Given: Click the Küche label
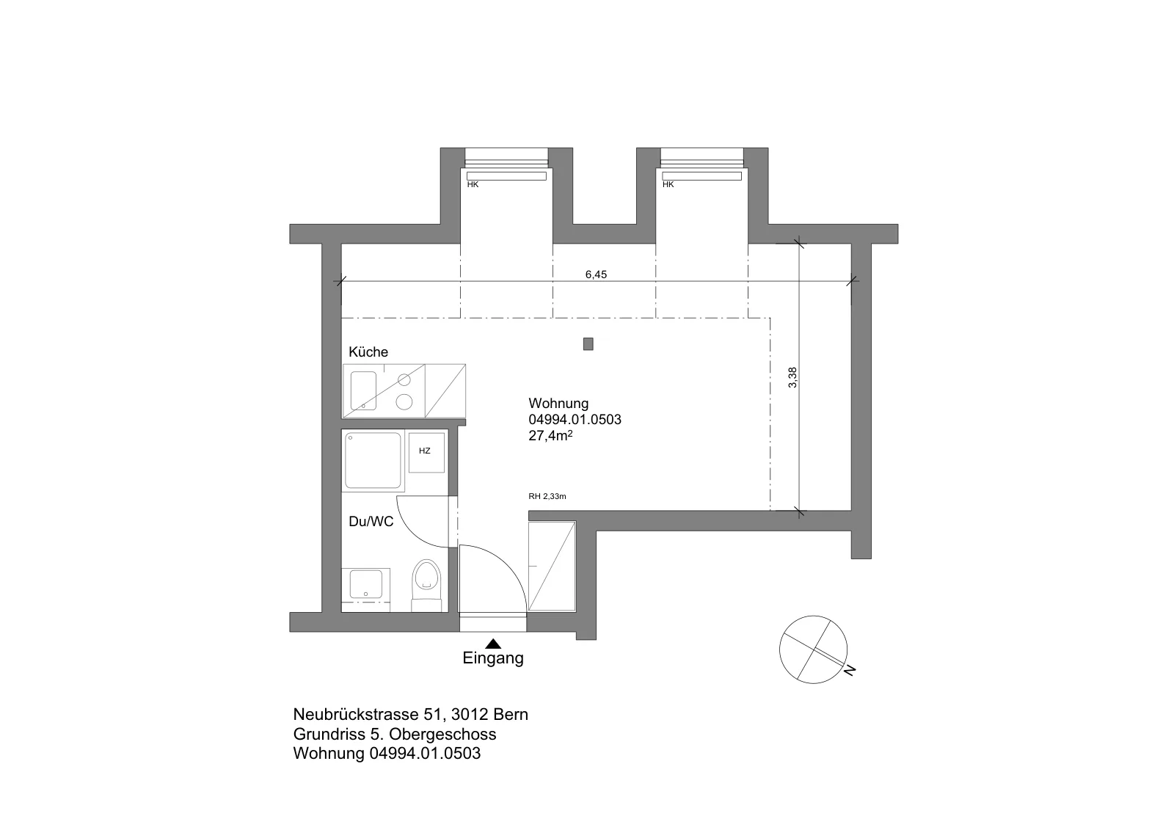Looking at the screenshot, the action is [x=368, y=352].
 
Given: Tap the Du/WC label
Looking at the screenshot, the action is [x=371, y=522].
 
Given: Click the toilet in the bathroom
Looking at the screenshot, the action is [x=426, y=585].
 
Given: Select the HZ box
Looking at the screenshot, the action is [x=426, y=451].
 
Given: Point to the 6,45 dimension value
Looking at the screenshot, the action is [x=596, y=274].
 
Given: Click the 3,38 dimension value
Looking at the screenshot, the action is [x=792, y=377].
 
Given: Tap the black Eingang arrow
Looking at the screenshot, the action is [x=493, y=644].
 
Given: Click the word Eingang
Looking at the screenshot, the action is [x=492, y=658].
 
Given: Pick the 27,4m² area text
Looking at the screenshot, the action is [x=550, y=435].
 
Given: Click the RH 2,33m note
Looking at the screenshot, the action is [x=547, y=496].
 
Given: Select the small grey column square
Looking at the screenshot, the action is [x=588, y=344].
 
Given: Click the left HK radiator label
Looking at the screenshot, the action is [x=473, y=184].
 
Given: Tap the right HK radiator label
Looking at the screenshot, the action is [x=668, y=184].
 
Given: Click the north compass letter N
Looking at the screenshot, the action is [x=850, y=669].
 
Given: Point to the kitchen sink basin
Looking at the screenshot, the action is [x=363, y=390].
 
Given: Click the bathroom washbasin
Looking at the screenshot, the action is [x=366, y=584].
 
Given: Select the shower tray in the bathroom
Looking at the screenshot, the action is [x=373, y=461].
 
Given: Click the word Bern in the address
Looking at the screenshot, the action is [x=511, y=714].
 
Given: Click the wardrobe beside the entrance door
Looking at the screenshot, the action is [x=552, y=566].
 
